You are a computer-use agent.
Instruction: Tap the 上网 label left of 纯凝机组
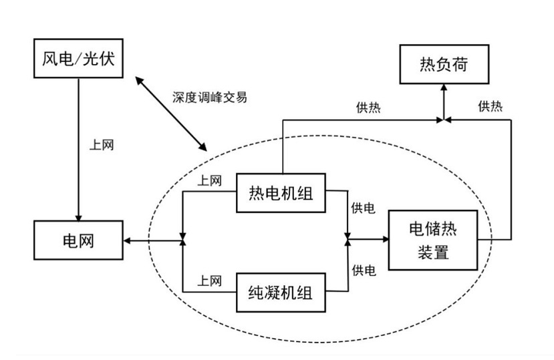209,281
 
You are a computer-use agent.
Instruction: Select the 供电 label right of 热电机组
363,208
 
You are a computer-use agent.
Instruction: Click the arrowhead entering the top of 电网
79,217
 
